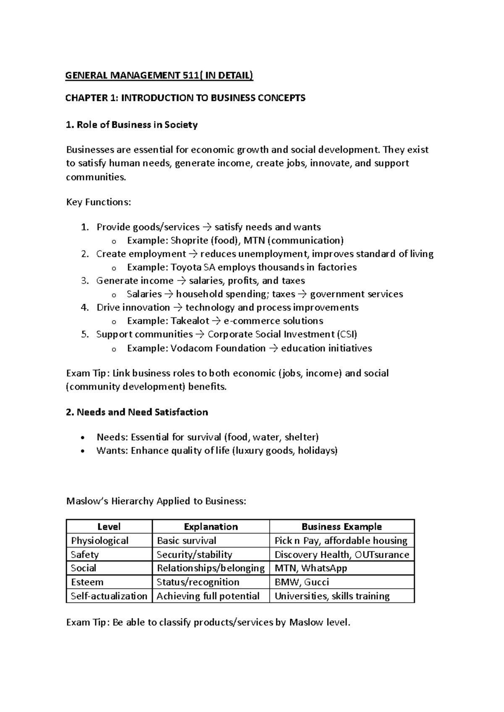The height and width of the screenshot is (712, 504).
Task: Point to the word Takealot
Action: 190,321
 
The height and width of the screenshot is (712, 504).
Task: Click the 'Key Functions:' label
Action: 99,202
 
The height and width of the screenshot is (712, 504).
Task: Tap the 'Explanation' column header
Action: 211,527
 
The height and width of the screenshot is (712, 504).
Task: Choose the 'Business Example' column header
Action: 341,527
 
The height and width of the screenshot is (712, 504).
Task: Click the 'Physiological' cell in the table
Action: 100,541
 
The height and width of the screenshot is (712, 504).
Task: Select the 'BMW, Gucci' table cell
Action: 302,582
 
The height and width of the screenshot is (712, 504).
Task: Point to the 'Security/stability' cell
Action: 194,555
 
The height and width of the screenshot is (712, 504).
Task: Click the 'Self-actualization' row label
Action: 109,596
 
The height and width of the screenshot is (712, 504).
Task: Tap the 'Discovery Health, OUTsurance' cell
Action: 341,555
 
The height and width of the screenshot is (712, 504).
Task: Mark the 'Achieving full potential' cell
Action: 208,596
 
